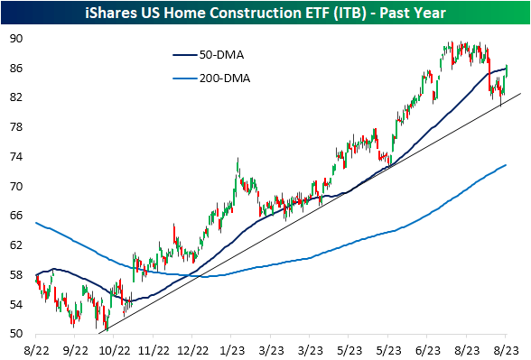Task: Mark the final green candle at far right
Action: [x=507, y=70]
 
